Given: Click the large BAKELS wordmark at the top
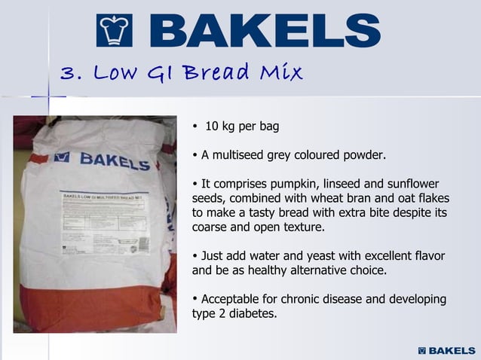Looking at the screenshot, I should tap(268, 31).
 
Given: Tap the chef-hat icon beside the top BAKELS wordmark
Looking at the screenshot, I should tap(117, 31).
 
